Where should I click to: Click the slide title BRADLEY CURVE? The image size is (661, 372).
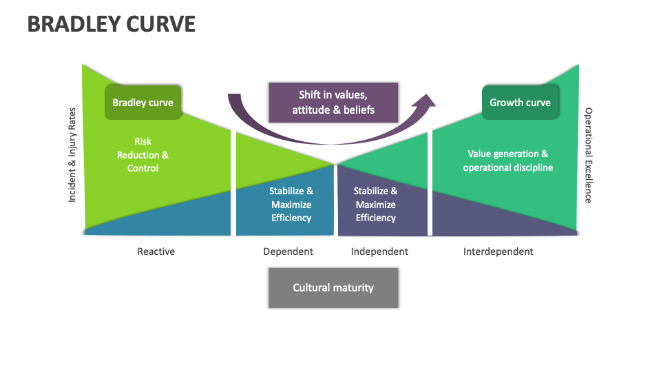point(111,24)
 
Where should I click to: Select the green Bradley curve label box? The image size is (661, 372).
point(143,103)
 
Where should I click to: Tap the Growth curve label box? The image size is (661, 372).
point(520,103)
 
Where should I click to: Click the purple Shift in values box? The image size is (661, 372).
point(333,103)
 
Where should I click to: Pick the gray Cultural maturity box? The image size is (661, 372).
point(333,287)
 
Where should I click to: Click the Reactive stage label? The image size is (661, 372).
point(156,251)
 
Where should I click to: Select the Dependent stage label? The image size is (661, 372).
point(288,251)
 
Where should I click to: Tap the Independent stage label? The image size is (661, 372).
point(379,251)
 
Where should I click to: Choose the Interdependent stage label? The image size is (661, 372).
point(498,251)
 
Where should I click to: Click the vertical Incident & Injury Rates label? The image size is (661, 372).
point(72,155)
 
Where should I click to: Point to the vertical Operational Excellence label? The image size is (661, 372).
point(588,155)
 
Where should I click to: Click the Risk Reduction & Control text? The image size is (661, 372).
point(143,155)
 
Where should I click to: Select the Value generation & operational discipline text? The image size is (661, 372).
point(507,161)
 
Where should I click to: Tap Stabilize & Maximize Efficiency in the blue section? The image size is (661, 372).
point(291,205)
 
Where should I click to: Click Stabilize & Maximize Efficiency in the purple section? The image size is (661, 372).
point(375,205)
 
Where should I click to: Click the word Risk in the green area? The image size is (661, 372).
point(143,142)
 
